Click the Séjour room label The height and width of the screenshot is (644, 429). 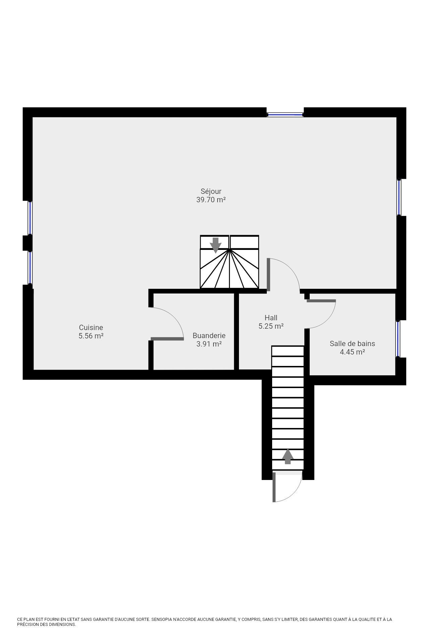pos(211,191)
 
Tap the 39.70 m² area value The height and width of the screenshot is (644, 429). pos(211,200)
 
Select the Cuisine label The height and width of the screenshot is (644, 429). pos(91,327)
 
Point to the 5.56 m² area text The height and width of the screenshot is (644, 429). pos(91,336)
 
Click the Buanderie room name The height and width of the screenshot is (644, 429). pos(209,335)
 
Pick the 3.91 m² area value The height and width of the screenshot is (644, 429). pos(209,344)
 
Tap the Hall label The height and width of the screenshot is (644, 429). pos(271,317)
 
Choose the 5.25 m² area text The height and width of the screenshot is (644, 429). pos(271,326)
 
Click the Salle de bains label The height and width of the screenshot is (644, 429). pos(352,343)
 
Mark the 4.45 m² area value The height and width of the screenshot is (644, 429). pos(352,352)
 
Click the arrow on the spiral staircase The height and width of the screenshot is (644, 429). pos(216,245)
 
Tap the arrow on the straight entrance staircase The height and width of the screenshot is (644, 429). pos(288,457)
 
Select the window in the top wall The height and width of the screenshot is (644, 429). pos(285,114)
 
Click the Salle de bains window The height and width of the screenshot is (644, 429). pos(398,339)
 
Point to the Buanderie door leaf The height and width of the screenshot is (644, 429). pos(167,339)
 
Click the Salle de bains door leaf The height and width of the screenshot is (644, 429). pos(321,301)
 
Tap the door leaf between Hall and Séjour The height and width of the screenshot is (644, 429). pos(268,274)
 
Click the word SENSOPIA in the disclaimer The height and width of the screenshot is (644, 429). pos(163,620)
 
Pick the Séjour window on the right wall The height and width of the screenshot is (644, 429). pos(399,197)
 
